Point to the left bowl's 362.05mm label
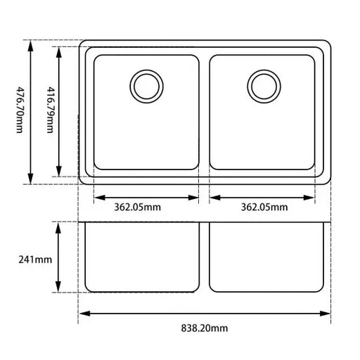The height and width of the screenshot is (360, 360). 137,207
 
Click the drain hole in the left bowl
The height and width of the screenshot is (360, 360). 147,85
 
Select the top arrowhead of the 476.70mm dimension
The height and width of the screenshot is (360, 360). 30,45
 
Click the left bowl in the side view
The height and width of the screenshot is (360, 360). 142,257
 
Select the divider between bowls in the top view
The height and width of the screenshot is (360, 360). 204,112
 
